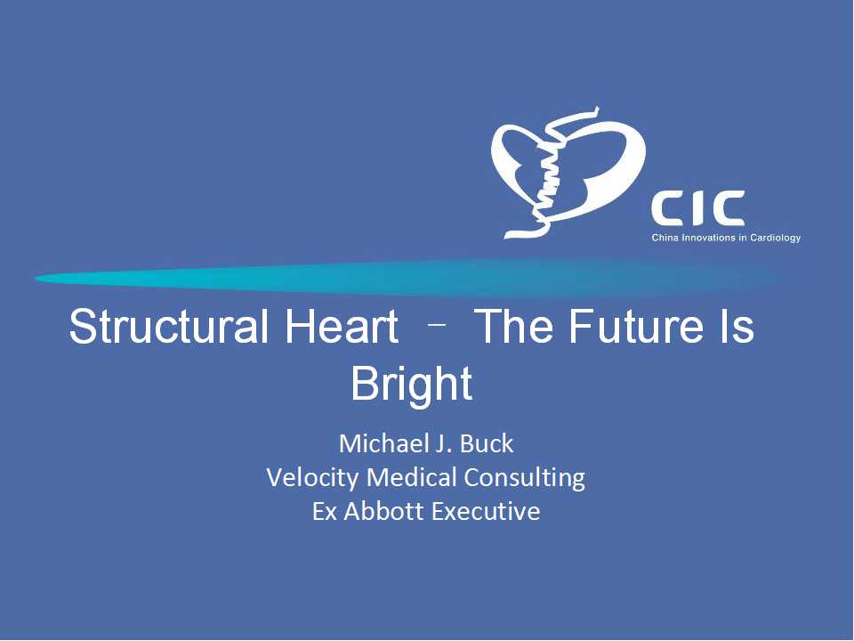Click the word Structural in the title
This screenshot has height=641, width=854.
pos(169,326)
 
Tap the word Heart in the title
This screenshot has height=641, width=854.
pos(342,326)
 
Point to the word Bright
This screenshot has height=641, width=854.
pos(411,385)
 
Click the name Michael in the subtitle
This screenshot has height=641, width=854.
pos(380,443)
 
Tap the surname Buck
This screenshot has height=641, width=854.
pos(487,443)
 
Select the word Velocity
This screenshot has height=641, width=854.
pos(312,477)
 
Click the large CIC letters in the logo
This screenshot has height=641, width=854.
pos(698,208)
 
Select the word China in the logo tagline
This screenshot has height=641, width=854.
pos(665,238)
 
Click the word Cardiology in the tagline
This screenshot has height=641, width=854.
pos(776,239)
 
